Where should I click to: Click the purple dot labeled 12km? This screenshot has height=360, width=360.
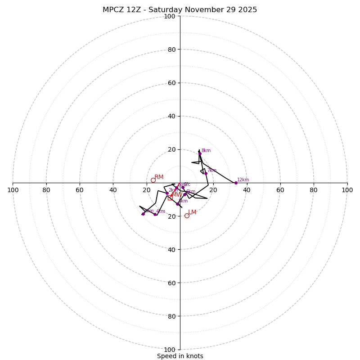coord(236,183)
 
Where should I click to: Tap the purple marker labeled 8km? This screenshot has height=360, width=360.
coord(200,153)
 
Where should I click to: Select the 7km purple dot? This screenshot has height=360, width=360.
coord(206,173)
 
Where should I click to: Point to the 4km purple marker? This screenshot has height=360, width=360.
coord(155,214)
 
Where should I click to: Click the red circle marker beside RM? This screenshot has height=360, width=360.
coord(153,180)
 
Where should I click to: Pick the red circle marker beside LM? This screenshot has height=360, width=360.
coord(187,216)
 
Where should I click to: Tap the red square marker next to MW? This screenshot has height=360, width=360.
coord(170,198)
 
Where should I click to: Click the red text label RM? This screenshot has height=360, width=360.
coord(159,177)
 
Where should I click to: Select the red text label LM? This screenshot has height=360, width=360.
coord(192,212)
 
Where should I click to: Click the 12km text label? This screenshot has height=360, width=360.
coord(243,180)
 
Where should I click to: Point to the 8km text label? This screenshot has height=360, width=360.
coord(206,151)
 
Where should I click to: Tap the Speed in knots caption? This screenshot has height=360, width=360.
coord(180,356)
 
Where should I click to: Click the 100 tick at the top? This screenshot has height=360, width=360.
coord(170,16)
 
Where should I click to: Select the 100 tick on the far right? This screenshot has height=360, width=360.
coord(347,190)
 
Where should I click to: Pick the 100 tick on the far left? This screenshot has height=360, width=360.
coord(13,190)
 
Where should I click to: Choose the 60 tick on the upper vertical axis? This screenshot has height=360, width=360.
coord(171,83)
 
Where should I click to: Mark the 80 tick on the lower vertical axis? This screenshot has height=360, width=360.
coord(171,316)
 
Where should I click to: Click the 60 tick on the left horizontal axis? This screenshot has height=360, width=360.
coord(80,190)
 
